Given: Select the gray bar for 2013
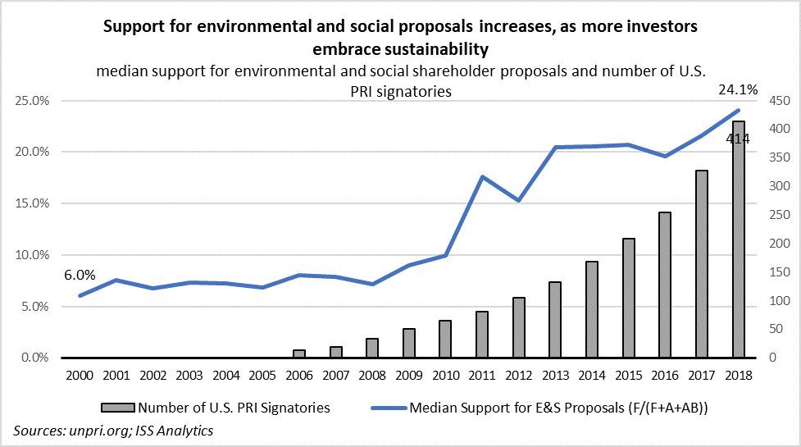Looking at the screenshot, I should coord(555,320).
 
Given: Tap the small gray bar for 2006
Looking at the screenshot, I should coord(298,353).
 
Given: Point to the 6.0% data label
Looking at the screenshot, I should coord(80,276).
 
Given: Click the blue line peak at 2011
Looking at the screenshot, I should coord(482,176).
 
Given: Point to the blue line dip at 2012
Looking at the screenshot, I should coord(519,200).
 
